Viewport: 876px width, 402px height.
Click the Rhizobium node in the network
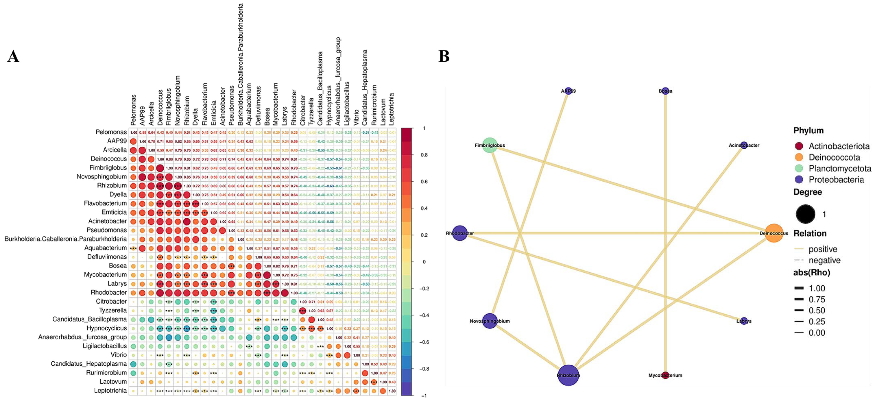[x=568, y=375]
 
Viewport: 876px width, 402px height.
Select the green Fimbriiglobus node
[x=490, y=145]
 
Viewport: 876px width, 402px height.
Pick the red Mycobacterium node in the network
[x=665, y=375]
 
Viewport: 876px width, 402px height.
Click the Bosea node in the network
[x=665, y=91]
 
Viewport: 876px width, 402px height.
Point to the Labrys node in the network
[x=744, y=321]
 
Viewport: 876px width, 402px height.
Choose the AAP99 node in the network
[x=568, y=91]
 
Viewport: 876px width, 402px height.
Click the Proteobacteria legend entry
[x=836, y=179]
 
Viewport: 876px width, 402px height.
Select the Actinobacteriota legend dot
[x=799, y=146]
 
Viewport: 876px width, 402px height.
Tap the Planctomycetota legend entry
[x=840, y=168]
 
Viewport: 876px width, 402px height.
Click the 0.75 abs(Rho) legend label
[x=817, y=299]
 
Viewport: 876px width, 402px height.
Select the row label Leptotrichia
[x=110, y=390]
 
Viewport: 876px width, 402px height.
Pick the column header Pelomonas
[x=133, y=110]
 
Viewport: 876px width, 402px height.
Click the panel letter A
[x=13, y=56]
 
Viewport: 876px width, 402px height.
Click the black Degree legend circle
[x=805, y=214]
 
